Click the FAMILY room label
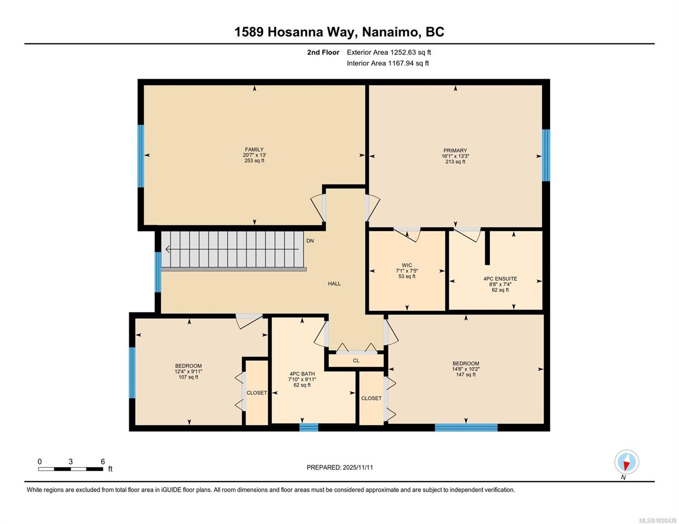(x=254, y=150)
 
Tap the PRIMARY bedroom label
(x=455, y=151)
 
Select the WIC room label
(x=407, y=265)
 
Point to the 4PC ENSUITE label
(x=500, y=279)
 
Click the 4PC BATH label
(x=302, y=374)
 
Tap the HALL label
(x=334, y=284)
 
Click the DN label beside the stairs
(x=310, y=241)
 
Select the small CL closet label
(x=356, y=361)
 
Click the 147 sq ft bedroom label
(x=466, y=364)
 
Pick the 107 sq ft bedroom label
(x=188, y=366)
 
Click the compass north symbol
(x=627, y=462)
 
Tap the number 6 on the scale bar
(x=103, y=462)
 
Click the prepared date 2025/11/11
(x=358, y=467)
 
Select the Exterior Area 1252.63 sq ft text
(x=389, y=52)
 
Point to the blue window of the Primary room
(x=546, y=155)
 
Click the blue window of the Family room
(x=141, y=156)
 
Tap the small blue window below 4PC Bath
(x=309, y=427)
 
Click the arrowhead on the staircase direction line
(x=168, y=249)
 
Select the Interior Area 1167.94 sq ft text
(x=388, y=63)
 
